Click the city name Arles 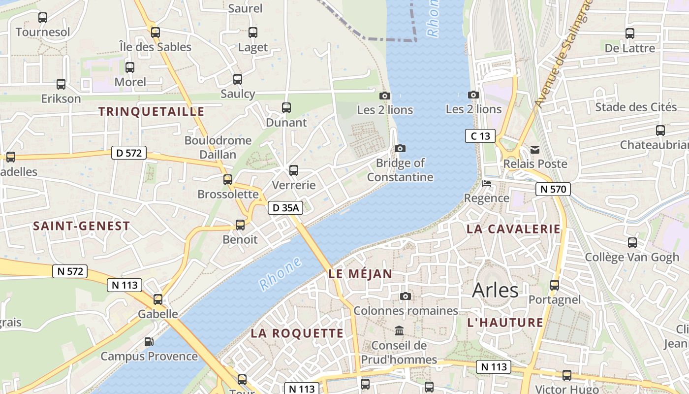pos(495,291)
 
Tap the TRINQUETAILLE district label pos(151,112)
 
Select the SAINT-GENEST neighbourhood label pos(81,226)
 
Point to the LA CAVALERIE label pos(513,229)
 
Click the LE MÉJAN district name pos(360,274)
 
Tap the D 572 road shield pos(129,153)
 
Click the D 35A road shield pos(285,208)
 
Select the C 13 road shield pos(480,136)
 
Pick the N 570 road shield pos(553,189)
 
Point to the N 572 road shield pos(70,271)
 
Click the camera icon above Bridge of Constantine pos(400,148)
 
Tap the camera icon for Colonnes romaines pos(406,296)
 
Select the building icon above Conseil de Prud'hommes pos(399,330)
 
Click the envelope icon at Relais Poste pos(535,150)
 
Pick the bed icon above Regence pos(487,184)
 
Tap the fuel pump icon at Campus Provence pos(149,341)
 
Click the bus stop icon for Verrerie pos(294,170)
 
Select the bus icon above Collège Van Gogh pos(632,243)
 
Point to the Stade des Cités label pos(636,107)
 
